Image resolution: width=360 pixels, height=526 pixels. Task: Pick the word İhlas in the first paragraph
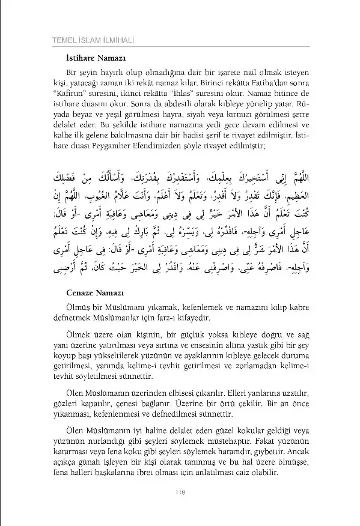pos(195,94)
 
